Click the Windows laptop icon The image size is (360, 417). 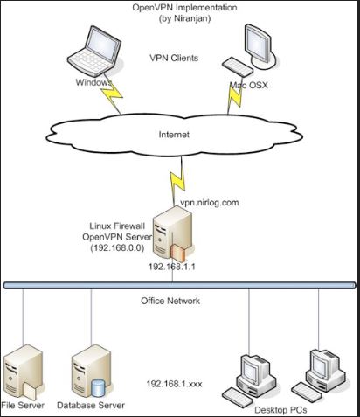[x=94, y=51]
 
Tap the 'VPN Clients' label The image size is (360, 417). [x=174, y=58]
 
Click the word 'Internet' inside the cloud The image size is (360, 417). [x=174, y=135]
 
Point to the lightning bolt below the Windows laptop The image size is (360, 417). [x=112, y=97]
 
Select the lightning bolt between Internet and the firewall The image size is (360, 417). [x=178, y=178]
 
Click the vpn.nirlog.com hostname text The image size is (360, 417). [x=210, y=202]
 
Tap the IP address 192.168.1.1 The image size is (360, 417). [x=172, y=267]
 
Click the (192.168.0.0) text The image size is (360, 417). [x=117, y=247]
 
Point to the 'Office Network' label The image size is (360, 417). [x=170, y=301]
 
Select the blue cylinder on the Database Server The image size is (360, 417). [x=98, y=387]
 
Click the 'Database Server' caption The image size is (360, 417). [x=91, y=405]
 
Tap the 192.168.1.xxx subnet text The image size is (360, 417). [x=174, y=384]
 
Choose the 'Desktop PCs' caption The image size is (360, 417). [x=280, y=410]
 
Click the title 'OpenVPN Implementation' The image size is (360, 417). [x=184, y=7]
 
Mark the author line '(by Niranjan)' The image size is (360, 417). [x=184, y=18]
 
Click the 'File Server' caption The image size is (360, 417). [x=23, y=405]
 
